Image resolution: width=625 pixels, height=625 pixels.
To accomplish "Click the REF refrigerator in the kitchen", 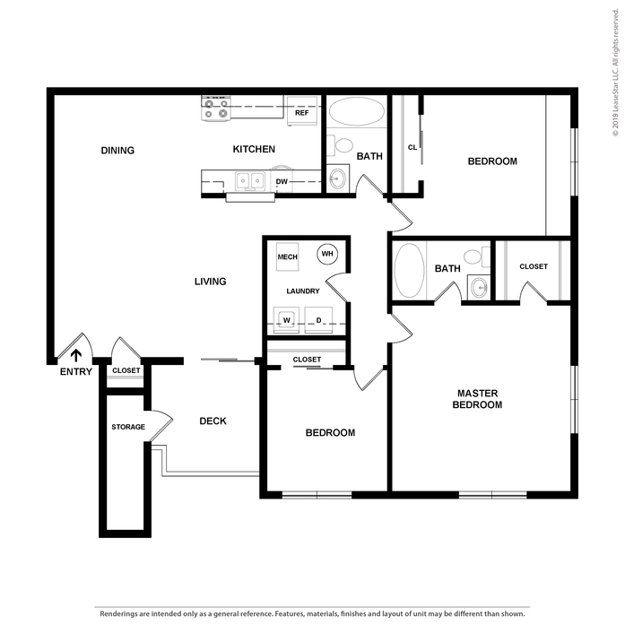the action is (302, 110).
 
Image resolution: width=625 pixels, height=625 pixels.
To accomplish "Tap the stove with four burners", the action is (216, 109).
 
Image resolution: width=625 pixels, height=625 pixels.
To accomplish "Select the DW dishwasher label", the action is (282, 182).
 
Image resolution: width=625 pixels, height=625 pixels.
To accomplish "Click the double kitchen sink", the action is (250, 181).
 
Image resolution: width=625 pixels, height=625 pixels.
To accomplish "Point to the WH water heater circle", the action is (327, 254).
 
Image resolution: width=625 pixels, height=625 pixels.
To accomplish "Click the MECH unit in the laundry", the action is (287, 256).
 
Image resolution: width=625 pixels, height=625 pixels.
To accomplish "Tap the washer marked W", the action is (286, 320).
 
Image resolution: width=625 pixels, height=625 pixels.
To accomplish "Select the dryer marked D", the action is (318, 320).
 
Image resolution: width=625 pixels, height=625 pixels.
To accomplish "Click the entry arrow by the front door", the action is (75, 355).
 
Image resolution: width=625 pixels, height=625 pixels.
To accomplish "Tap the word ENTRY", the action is (76, 372).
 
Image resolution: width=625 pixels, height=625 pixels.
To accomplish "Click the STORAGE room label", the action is (128, 427).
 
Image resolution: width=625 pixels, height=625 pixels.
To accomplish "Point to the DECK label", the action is (213, 421).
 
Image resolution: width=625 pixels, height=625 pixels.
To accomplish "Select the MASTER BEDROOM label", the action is (478, 399).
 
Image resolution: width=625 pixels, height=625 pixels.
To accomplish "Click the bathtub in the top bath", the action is (357, 111).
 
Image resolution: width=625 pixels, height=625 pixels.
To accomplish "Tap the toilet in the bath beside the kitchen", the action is (340, 145).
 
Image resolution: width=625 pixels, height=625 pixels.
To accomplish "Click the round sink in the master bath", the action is (479, 286).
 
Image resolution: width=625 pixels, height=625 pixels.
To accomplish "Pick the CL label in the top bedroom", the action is (412, 147).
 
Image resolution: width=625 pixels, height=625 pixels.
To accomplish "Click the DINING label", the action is (117, 151).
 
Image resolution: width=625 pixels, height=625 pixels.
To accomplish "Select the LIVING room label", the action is (211, 282).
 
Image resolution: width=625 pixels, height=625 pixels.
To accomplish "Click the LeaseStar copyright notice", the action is (616, 73).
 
